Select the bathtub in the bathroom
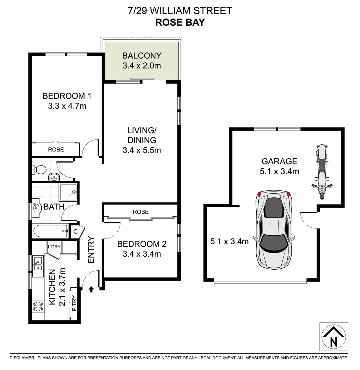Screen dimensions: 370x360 (x=51, y=231)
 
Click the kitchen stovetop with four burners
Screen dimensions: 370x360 (x=38, y=306)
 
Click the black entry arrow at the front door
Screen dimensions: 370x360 (x=91, y=290)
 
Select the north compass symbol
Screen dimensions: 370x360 (x=333, y=337)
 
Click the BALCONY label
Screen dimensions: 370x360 (x=142, y=56)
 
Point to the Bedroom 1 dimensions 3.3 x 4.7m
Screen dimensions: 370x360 (x=67, y=106)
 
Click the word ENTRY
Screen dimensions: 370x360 (x=91, y=250)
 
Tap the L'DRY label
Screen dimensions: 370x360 (x=54, y=246)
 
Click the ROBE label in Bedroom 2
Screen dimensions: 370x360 (x=141, y=212)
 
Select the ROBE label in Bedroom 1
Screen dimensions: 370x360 (x=56, y=150)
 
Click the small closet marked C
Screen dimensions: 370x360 (x=76, y=231)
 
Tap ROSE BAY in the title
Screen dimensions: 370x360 (x=180, y=22)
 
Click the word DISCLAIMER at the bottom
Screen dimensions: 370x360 (x=22, y=358)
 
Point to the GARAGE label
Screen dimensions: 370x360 (x=279, y=161)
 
